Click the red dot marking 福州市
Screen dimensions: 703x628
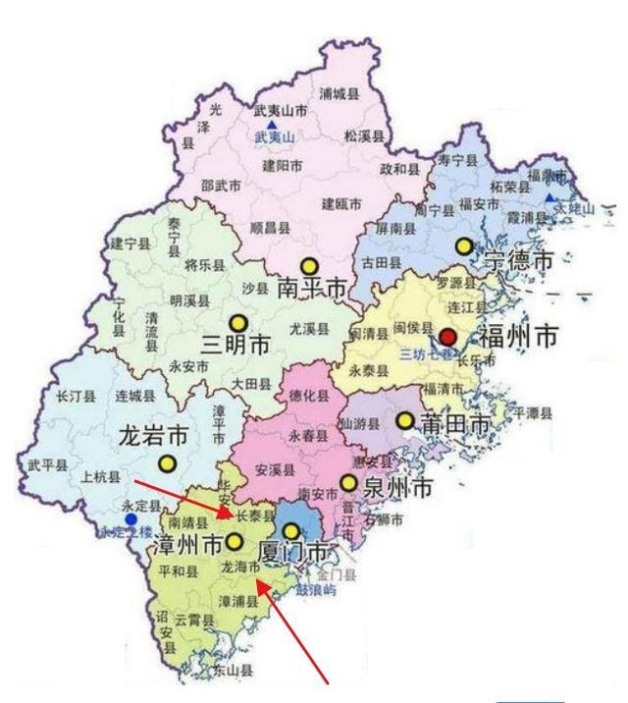(x=448, y=337)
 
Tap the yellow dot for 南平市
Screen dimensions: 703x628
(x=309, y=265)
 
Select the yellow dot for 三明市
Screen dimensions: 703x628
(x=237, y=322)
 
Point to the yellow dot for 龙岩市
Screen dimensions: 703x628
(x=167, y=462)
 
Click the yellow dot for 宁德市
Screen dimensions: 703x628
(x=463, y=245)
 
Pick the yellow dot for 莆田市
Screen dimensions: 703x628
(x=404, y=420)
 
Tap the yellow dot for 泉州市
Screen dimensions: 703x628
(x=347, y=482)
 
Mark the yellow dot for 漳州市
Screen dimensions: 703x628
(x=235, y=541)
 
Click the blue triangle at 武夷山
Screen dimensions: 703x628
(x=271, y=125)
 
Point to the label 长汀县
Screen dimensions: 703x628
(x=75, y=398)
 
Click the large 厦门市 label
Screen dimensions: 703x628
(x=294, y=552)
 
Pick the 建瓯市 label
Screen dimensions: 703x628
(x=342, y=203)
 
